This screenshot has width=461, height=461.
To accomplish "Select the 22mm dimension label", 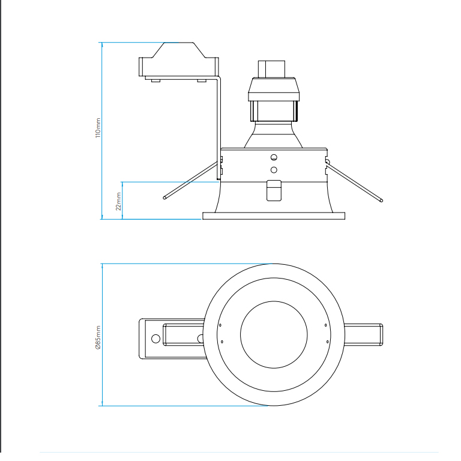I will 118,200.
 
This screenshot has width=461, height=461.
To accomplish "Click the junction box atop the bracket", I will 179,61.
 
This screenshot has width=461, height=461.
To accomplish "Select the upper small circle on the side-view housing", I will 274,158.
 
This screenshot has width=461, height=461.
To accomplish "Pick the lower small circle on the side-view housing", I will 274,170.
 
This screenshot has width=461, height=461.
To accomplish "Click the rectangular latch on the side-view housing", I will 274,191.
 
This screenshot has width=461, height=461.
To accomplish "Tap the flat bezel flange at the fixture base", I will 274,215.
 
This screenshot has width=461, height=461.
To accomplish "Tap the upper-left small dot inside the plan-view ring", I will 221,325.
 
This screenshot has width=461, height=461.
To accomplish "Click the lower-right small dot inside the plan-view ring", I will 326,342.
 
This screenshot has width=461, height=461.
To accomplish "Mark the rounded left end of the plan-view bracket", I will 142,339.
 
